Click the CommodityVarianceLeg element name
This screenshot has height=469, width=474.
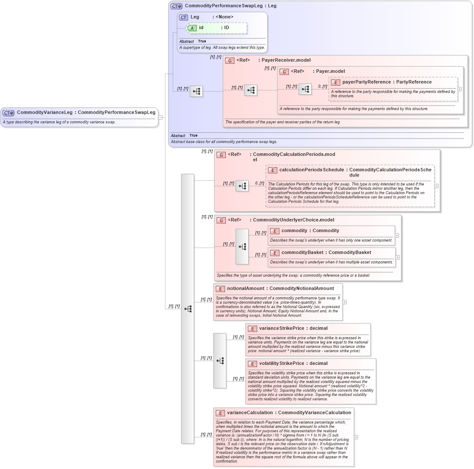(45, 113)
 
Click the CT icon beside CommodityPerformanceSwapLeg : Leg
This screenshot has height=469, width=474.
(176, 6)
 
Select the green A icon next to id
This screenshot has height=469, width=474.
(192, 28)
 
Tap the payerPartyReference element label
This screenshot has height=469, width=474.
(366, 82)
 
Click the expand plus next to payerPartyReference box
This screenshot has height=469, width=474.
(460, 89)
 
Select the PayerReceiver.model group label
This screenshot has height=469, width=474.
(286, 60)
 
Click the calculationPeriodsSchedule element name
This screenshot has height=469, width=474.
(311, 170)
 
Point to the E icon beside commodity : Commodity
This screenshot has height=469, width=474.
(275, 231)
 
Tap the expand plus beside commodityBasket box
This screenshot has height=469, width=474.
(398, 257)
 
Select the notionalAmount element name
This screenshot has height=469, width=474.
(246, 289)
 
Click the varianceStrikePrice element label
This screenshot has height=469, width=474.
(282, 329)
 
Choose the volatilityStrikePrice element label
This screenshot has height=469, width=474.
(282, 364)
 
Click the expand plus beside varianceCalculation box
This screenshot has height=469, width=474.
(356, 437)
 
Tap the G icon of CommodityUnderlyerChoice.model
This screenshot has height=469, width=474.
(221, 220)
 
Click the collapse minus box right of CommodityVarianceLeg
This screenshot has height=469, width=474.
(160, 117)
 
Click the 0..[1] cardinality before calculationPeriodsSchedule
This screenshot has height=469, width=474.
(260, 183)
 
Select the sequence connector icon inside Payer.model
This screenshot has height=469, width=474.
(305, 90)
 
